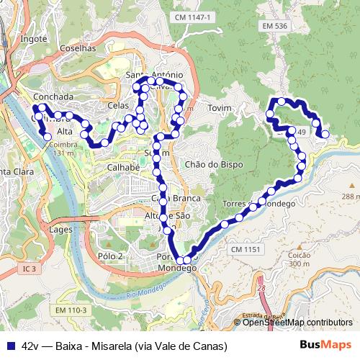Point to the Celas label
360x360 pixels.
click(117, 105)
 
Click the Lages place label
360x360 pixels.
click(60, 229)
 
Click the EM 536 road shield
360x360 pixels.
click(275, 27)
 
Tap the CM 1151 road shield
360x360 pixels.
click(245, 249)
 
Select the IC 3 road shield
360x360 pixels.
click(28, 269)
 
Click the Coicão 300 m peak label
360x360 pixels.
click(299, 258)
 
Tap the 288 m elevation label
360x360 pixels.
click(351, 197)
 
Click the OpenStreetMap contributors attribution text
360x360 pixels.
click(297, 323)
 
